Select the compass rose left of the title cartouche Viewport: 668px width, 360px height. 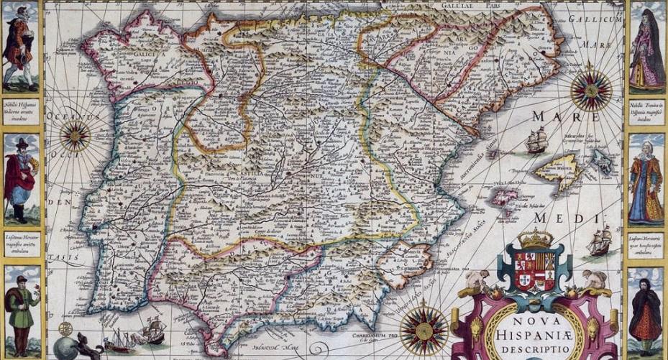(x=424, y=330)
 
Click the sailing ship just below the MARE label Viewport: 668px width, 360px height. (x=535, y=141)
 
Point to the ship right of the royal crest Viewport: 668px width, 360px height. (x=598, y=243)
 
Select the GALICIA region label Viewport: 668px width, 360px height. (x=148, y=52)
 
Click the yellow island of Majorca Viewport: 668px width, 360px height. (x=557, y=168)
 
